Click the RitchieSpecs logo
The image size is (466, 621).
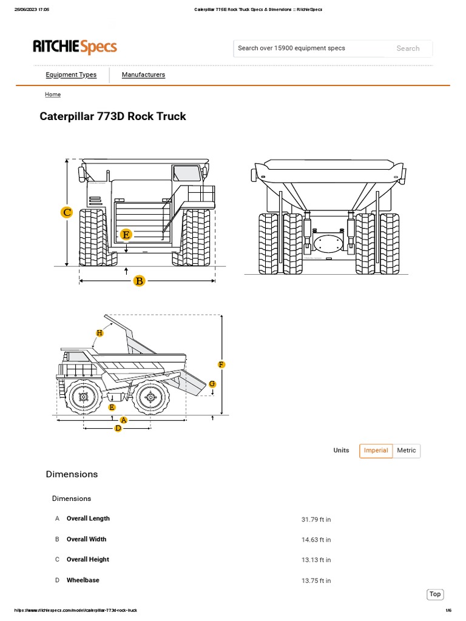click(x=75, y=47)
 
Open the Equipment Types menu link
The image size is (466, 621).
click(x=71, y=75)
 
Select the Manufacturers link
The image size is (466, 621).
click(x=143, y=75)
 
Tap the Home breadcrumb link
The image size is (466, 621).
click(x=53, y=95)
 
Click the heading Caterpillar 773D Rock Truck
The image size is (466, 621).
click(x=113, y=116)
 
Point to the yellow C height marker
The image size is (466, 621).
click(x=67, y=212)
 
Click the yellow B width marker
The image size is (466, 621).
click(x=140, y=280)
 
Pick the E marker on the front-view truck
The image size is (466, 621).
click(x=126, y=234)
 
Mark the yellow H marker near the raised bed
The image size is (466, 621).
click(x=100, y=333)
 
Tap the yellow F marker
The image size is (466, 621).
click(x=221, y=364)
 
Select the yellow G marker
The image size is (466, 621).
click(x=212, y=384)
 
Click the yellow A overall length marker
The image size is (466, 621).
click(x=124, y=420)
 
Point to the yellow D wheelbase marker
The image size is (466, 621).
click(x=118, y=428)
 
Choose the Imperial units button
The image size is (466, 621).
click(x=376, y=451)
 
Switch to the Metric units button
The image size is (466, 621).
click(x=407, y=451)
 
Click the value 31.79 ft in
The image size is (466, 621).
click(x=316, y=520)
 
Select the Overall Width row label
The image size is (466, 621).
click(x=86, y=539)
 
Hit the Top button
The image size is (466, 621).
click(x=435, y=594)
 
